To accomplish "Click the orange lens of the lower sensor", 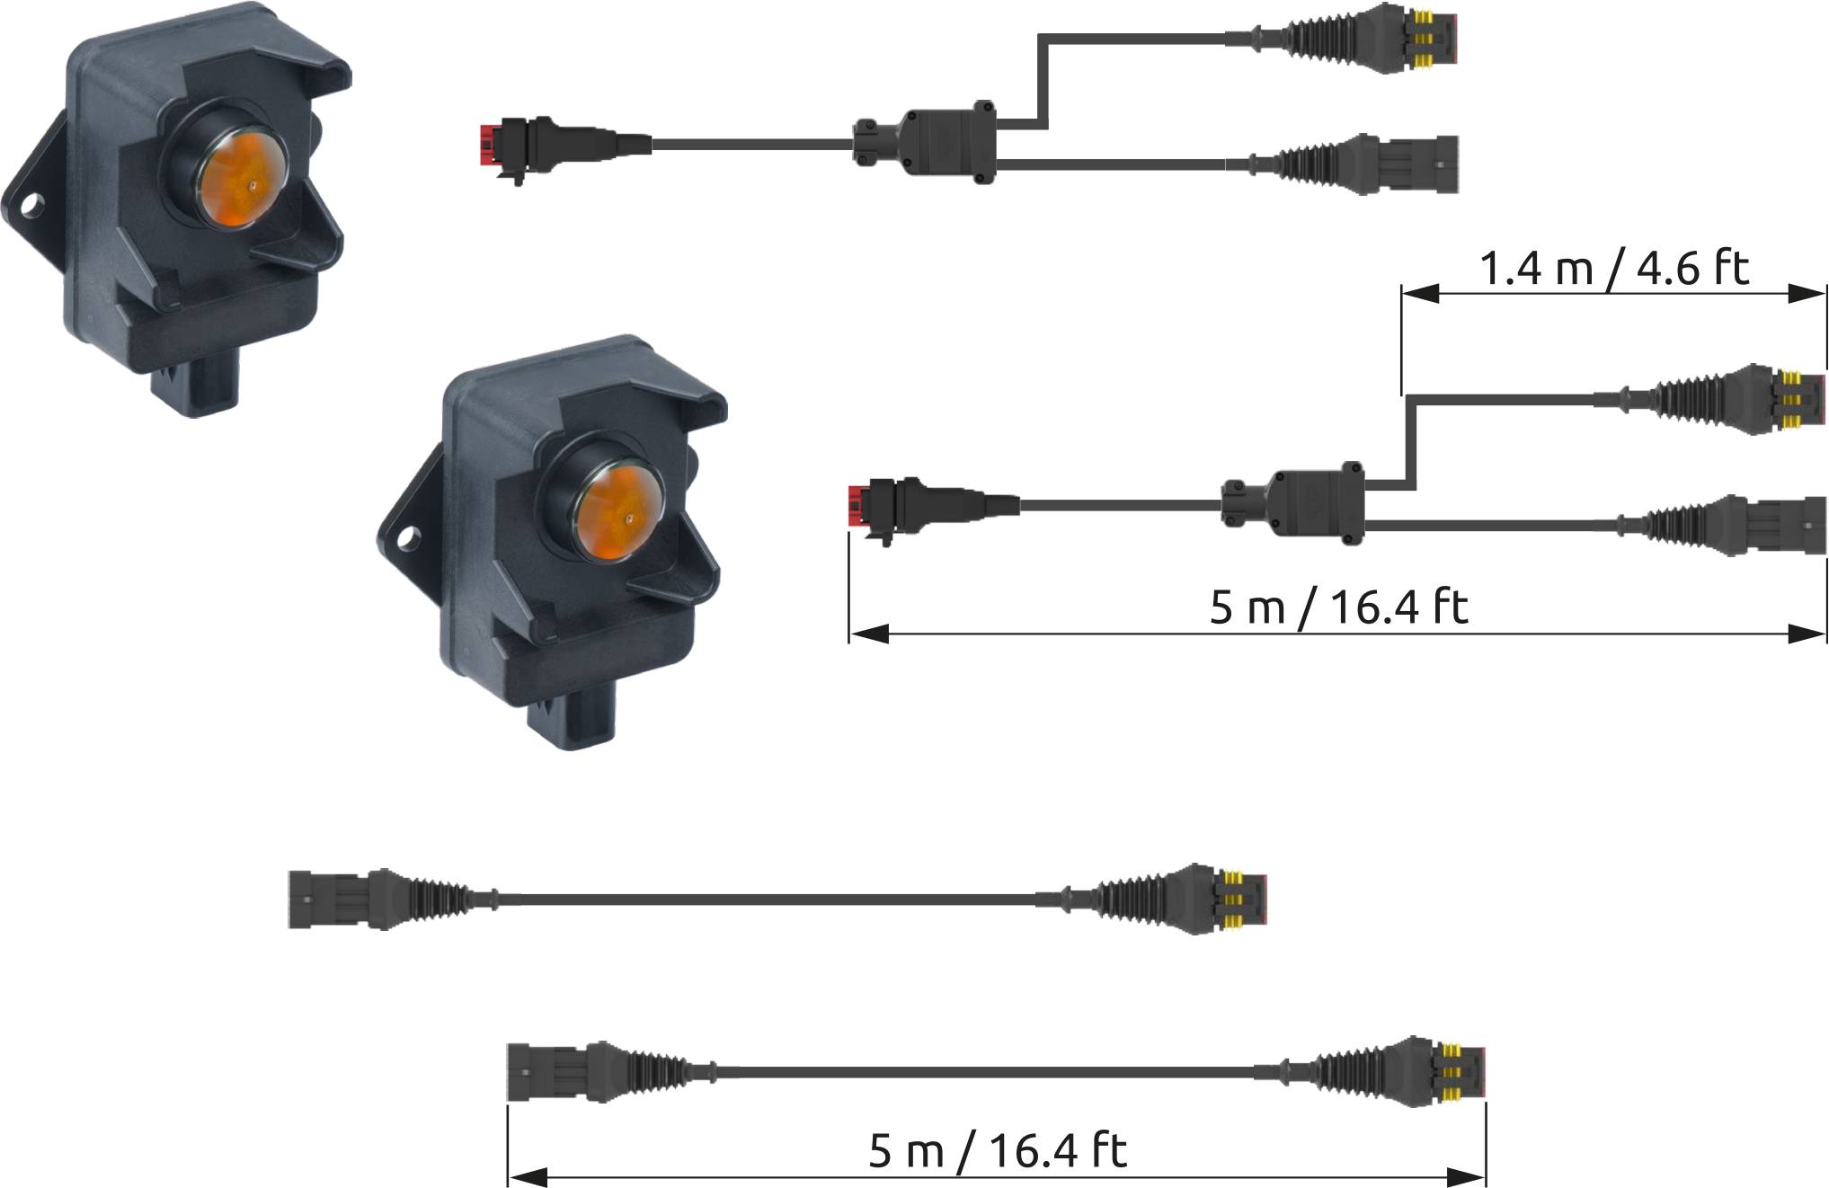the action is [621, 517].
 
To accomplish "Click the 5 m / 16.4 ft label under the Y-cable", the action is [1338, 607].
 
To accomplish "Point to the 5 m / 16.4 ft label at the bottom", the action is [998, 1150].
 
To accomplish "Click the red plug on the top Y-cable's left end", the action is [488, 147].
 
